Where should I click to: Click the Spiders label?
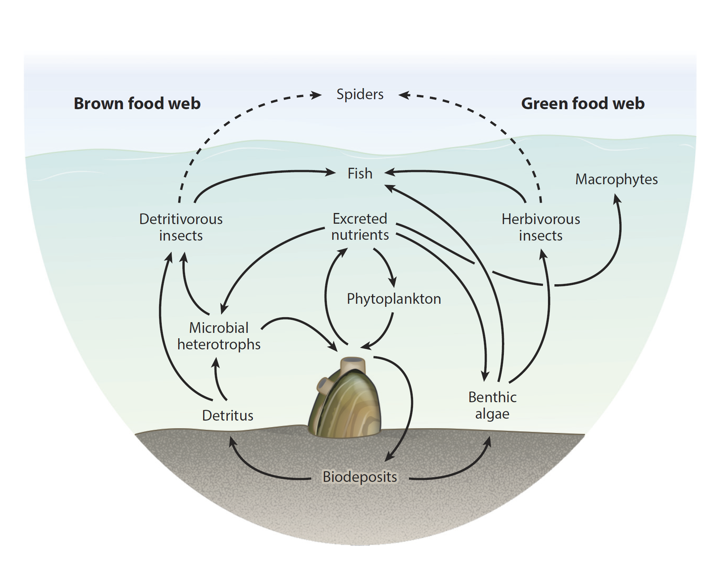click(360, 94)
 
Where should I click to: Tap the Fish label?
click(360, 174)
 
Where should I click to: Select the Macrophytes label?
click(616, 179)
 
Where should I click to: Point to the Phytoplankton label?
click(394, 299)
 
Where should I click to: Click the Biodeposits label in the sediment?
click(360, 477)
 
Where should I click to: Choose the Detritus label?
click(228, 416)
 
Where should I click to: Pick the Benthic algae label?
click(492, 405)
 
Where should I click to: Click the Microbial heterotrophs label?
click(219, 336)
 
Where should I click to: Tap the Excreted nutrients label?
click(360, 227)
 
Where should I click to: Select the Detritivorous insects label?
click(181, 227)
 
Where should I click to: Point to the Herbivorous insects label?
click(541, 227)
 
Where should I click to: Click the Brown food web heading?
click(137, 103)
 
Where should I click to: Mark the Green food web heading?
click(583, 103)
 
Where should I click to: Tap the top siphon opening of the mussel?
click(353, 361)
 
